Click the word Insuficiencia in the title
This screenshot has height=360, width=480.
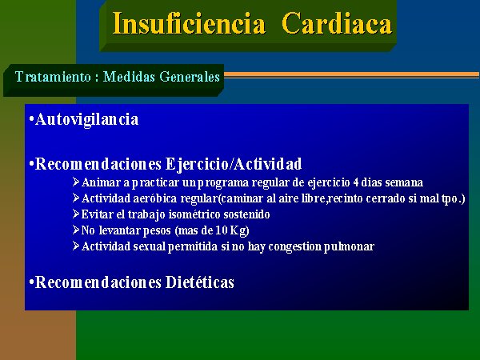click(x=189, y=24)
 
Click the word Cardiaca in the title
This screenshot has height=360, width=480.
click(x=337, y=24)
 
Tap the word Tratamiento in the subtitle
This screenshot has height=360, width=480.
click(x=53, y=77)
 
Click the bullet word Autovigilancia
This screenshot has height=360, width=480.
click(x=87, y=119)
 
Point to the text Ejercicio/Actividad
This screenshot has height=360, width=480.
click(x=234, y=164)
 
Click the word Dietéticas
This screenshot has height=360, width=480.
click(x=200, y=282)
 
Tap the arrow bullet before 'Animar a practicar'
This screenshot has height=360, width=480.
click(x=76, y=182)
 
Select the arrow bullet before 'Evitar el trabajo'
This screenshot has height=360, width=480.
click(x=76, y=214)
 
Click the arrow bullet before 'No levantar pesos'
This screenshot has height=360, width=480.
click(x=76, y=230)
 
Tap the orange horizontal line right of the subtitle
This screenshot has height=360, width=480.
click(x=352, y=74)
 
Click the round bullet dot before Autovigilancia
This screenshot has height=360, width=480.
click(x=31, y=118)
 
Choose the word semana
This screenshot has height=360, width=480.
click(x=404, y=182)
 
